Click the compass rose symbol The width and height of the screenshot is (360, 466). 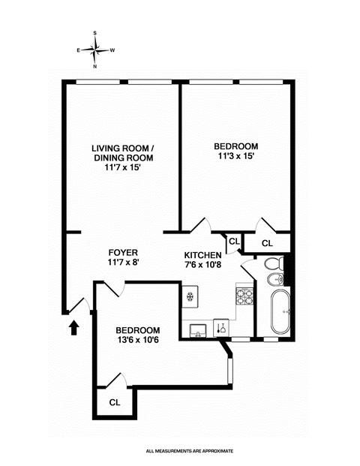pyautogui.click(x=95, y=50)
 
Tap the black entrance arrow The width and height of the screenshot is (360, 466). pyautogui.click(x=74, y=328)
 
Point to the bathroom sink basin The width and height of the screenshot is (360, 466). pyautogui.click(x=276, y=279)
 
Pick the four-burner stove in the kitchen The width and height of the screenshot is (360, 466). pyautogui.click(x=244, y=296)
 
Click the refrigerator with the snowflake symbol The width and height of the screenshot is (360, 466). pyautogui.click(x=190, y=296)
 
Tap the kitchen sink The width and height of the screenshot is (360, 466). pyautogui.click(x=199, y=331)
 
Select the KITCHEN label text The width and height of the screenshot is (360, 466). pyautogui.click(x=202, y=255)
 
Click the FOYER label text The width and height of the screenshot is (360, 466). pyautogui.click(x=123, y=253)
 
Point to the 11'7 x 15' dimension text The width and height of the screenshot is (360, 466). pyautogui.click(x=122, y=167)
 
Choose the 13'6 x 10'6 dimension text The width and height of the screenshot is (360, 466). pyautogui.click(x=138, y=339)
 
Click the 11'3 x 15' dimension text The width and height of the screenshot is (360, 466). pyautogui.click(x=236, y=156)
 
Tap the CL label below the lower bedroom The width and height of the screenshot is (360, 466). pyautogui.click(x=115, y=402)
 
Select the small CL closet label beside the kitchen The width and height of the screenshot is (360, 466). pyautogui.click(x=234, y=242)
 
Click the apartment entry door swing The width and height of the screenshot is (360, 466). pyautogui.click(x=78, y=305)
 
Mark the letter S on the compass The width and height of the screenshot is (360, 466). pyautogui.click(x=95, y=33)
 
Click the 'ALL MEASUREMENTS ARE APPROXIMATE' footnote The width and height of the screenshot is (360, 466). pyautogui.click(x=190, y=451)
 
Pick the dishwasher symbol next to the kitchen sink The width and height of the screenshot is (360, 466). pyautogui.click(x=221, y=328)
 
